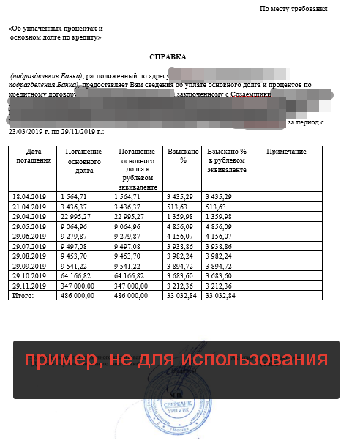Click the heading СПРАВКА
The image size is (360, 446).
(168, 56)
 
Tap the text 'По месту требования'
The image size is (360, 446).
(293, 9)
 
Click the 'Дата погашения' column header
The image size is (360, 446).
(31, 155)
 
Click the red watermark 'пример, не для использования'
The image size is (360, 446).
(175, 360)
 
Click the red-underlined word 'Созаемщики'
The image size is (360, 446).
(251, 94)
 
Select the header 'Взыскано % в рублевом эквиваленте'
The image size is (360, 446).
(227, 160)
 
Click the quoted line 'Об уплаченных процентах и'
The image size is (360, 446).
(55, 29)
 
